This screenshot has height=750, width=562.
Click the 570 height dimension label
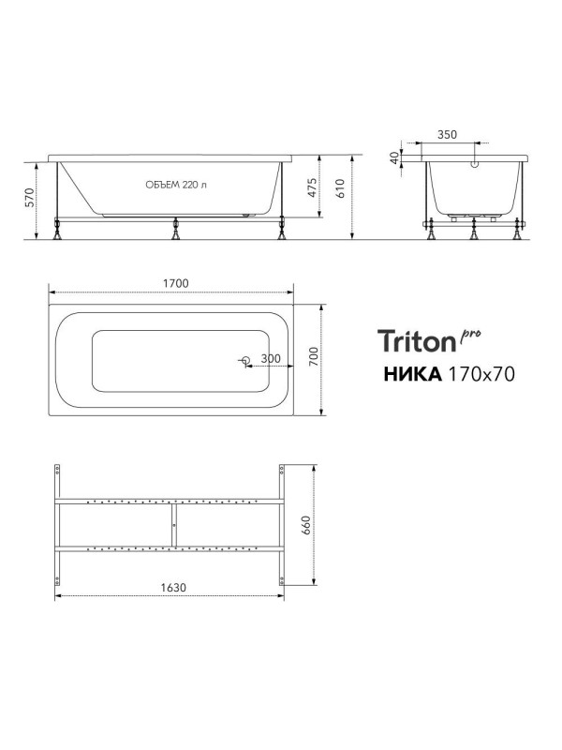29,198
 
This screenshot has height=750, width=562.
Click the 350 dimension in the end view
447,135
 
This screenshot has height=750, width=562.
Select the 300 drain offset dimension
271,359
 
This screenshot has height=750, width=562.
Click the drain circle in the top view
245,361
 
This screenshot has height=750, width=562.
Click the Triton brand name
416,340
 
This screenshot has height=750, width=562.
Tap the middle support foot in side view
174,231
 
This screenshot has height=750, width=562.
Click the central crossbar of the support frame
171,525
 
